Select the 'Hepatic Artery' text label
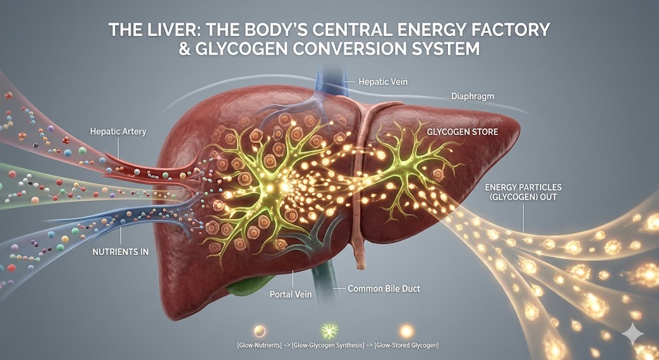[118, 131]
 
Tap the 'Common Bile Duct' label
[384, 289]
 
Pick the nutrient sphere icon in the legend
[260, 330]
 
